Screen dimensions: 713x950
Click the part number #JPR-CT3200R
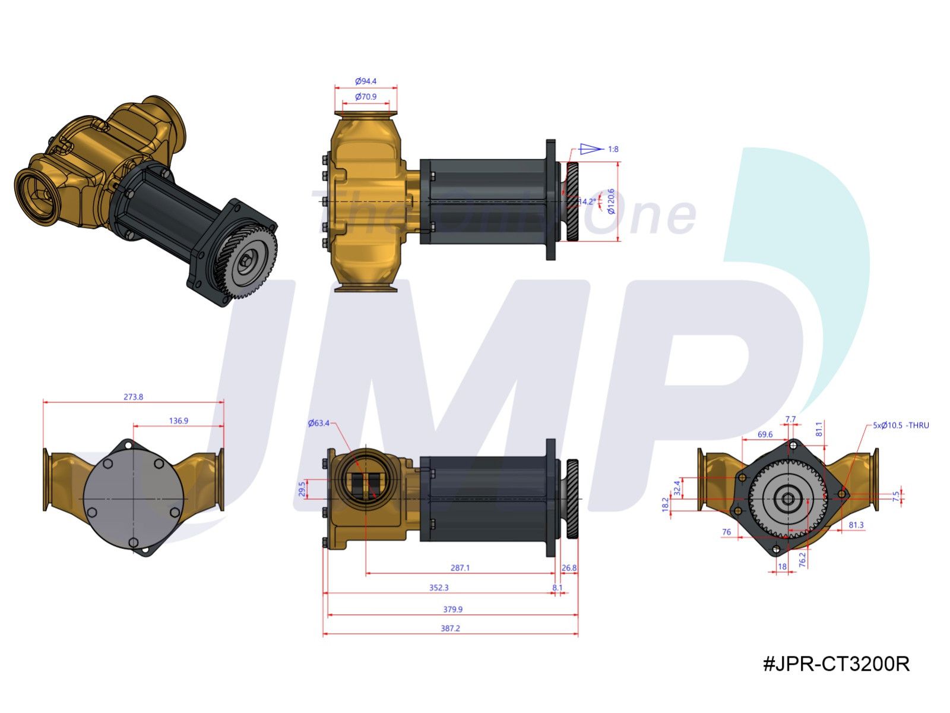pos(836,664)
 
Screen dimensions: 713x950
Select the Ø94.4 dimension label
pos(366,81)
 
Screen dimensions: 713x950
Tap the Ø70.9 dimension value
pos(366,96)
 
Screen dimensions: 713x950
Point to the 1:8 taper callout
pos(613,149)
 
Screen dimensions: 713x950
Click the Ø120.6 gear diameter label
pos(611,201)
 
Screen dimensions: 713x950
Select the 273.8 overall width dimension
pos(133,397)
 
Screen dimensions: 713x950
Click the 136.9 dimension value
pos(178,421)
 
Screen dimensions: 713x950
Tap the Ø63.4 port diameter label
pos(318,423)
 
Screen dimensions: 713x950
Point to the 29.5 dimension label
pos(302,488)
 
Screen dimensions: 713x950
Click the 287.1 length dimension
pos(460,567)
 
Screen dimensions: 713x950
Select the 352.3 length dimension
pos(439,588)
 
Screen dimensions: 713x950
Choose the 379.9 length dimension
pos(452,609)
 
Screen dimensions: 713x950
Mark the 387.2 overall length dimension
pos(450,628)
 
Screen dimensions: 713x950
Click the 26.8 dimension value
pos(569,567)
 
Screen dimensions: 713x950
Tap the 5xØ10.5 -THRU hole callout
pos(901,425)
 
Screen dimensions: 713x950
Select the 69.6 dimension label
pos(765,434)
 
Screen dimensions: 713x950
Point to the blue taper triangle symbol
pos(590,149)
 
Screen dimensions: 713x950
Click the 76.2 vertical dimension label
pos(802,559)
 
